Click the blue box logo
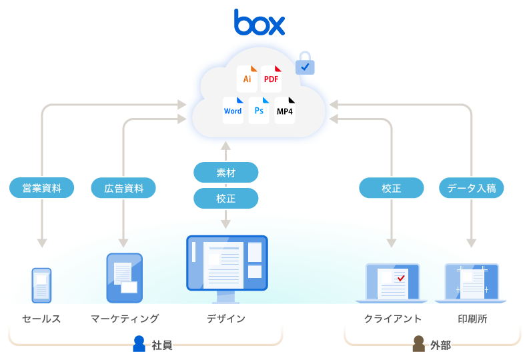(x=259, y=22)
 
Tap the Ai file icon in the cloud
(x=247, y=79)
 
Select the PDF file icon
(x=271, y=79)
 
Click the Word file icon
(x=233, y=111)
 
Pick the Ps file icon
(x=259, y=111)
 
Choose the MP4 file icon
(x=285, y=111)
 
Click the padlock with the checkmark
(x=305, y=63)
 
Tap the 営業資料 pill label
(x=41, y=188)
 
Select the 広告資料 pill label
(x=123, y=188)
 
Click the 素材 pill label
(x=226, y=172)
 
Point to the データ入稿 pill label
(x=471, y=188)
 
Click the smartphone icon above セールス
(x=41, y=285)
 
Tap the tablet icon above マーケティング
(x=124, y=278)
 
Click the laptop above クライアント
(x=392, y=283)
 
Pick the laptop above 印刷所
(x=471, y=283)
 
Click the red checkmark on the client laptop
(x=401, y=278)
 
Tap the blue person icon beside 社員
(x=139, y=343)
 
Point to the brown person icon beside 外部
(x=418, y=343)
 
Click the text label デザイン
(x=226, y=319)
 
